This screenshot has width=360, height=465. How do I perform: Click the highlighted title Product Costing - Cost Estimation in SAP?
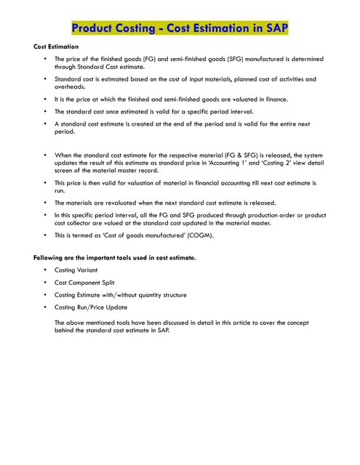pos(179,28)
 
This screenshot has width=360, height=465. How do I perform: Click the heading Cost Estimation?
pos(56,46)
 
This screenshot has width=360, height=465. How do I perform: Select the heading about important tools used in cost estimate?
pos(114,258)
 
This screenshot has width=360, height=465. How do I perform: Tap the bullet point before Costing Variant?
pos(45,270)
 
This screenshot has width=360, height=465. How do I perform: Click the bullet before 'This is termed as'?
pos(45,235)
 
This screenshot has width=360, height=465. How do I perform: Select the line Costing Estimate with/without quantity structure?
pos(121,294)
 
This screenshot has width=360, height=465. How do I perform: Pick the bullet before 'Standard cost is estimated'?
pos(45,78)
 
